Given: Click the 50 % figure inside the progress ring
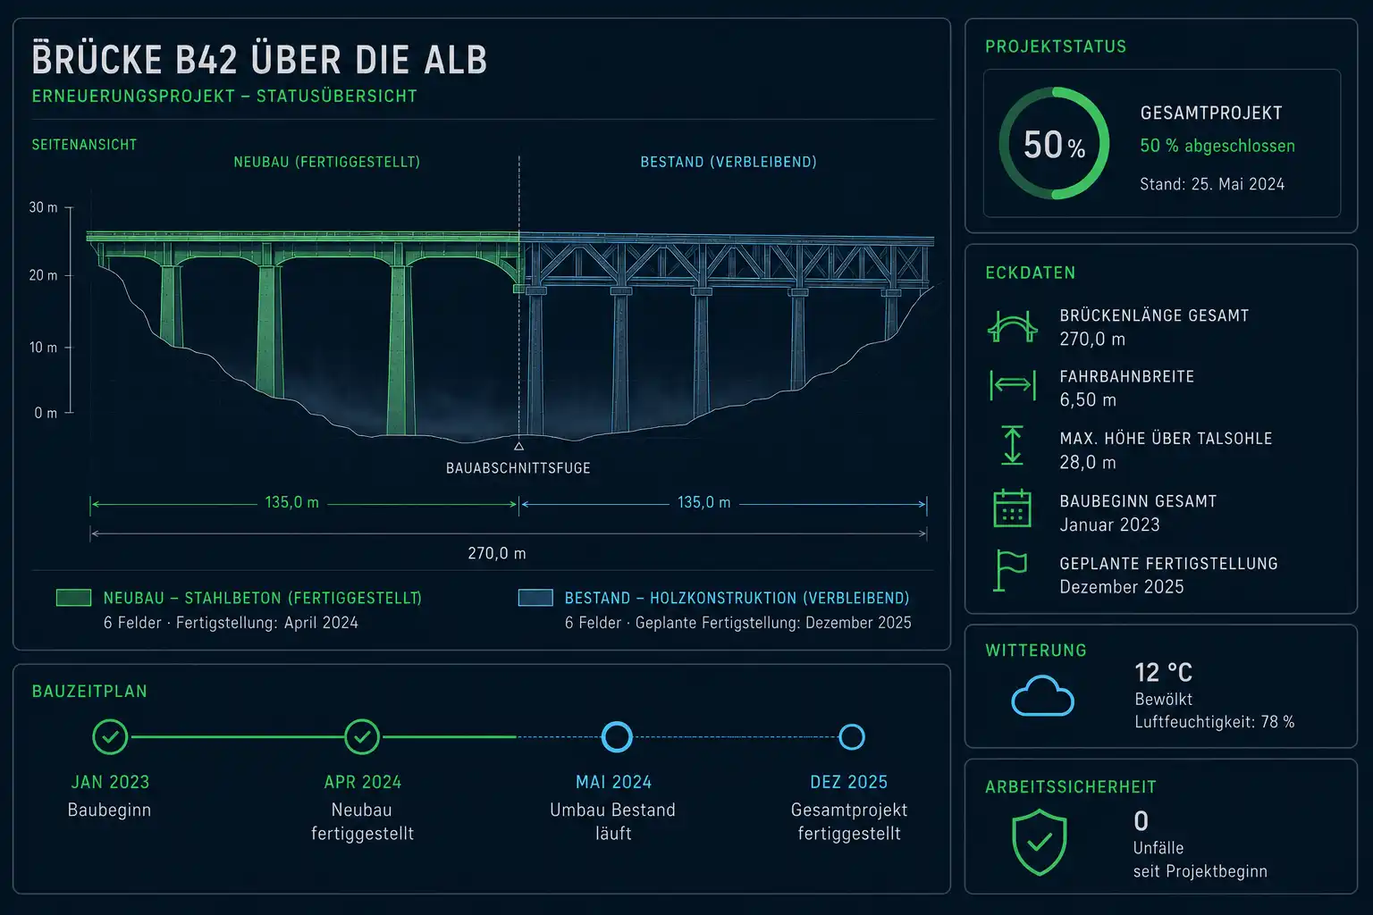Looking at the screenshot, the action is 1054,145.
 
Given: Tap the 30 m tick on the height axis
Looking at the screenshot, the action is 69,208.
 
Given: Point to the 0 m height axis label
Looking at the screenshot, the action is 46,413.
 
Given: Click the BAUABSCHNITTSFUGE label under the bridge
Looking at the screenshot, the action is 518,468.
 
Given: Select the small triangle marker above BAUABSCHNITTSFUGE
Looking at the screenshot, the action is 518,446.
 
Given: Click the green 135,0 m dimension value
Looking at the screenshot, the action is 291,502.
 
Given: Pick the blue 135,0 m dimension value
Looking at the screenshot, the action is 703,502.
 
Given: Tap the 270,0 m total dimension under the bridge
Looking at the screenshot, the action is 496,553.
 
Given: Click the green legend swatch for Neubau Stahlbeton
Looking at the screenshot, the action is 73,598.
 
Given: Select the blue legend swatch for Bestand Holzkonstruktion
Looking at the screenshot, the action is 535,598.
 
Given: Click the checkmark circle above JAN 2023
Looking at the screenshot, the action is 110,736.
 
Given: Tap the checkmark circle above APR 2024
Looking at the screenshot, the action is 362,736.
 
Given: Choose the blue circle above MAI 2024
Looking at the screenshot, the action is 617,736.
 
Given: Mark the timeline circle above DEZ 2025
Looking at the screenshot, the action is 851,736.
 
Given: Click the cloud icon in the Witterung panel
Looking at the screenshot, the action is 1042,696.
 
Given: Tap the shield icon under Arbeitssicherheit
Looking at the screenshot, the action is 1040,842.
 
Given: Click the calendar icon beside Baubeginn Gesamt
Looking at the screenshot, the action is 1012,508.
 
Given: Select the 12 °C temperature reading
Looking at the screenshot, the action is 1163,673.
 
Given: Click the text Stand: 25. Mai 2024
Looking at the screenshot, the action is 1212,184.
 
